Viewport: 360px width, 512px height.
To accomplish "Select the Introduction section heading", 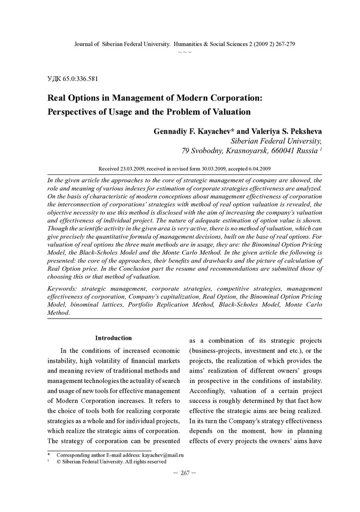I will [x=113, y=338].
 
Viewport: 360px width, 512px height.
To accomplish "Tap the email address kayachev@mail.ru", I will [x=162, y=455].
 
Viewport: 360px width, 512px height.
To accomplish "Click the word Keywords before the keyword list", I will [x=63, y=289].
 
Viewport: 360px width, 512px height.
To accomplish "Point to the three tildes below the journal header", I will [x=185, y=52].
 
